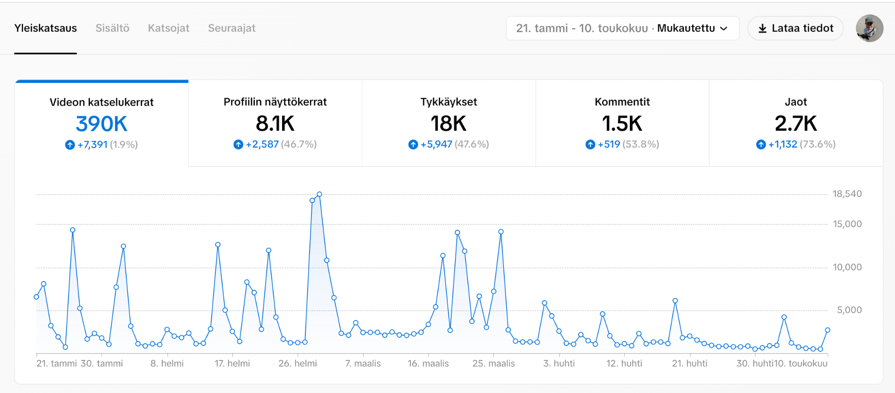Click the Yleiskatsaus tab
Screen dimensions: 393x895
[x=46, y=28]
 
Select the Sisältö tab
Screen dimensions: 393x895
[x=112, y=28]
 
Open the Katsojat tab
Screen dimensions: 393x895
[x=168, y=28]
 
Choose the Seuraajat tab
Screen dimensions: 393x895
[x=231, y=28]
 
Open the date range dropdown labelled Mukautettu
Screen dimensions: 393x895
[x=622, y=28]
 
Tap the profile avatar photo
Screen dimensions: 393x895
[x=869, y=28]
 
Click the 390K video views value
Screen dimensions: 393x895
[x=102, y=124]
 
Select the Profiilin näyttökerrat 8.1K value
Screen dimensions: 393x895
[x=275, y=124]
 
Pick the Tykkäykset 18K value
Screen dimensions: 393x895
[x=448, y=124]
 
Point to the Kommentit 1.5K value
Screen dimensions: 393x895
[x=622, y=124]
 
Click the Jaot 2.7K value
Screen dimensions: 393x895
[x=796, y=124]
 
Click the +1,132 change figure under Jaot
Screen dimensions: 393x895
[x=783, y=144]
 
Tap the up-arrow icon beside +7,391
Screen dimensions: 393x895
[x=70, y=145]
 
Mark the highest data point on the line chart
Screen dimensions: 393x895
[x=319, y=194]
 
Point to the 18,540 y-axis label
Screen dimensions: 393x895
[x=847, y=194]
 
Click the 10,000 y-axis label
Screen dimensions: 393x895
[x=847, y=267]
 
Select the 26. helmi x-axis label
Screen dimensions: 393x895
[x=297, y=364]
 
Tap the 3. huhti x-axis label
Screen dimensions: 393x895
[x=558, y=364]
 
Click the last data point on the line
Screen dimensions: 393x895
[x=827, y=330]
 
